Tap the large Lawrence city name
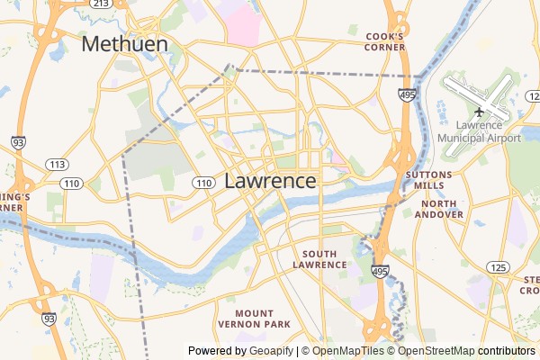[x=270, y=180]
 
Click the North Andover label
[x=441, y=209]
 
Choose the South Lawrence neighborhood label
[x=319, y=259]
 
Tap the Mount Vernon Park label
[x=255, y=317]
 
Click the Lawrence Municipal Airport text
[x=479, y=131]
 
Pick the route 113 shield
[x=58, y=164]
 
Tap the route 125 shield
[x=496, y=267]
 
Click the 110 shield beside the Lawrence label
[x=202, y=183]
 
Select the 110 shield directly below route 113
[x=73, y=183]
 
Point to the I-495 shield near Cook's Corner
[x=409, y=94]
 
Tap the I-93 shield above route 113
[x=19, y=142]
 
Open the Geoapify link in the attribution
[x=272, y=351]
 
